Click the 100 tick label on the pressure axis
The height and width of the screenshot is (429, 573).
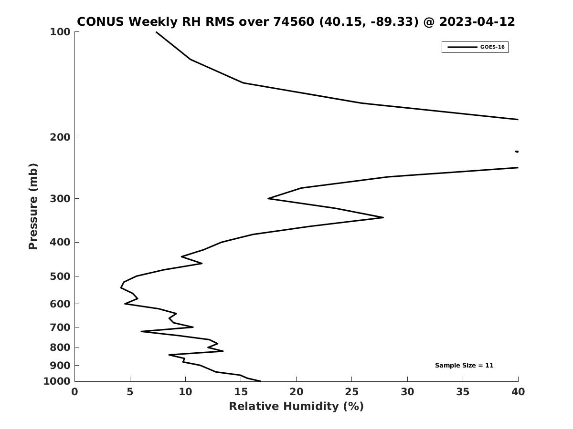pyautogui.click(x=60, y=32)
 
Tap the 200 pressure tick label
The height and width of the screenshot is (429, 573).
pyautogui.click(x=60, y=137)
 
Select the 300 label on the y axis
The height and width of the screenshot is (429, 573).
pyautogui.click(x=60, y=199)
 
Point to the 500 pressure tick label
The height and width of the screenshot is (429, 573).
pyautogui.click(x=60, y=276)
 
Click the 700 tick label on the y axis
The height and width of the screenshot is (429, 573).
pyautogui.click(x=60, y=327)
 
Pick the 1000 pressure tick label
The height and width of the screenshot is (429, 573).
pyautogui.click(x=57, y=381)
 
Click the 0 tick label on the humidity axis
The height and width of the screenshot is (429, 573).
pyautogui.click(x=74, y=392)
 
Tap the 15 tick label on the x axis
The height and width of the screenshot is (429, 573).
pyautogui.click(x=241, y=392)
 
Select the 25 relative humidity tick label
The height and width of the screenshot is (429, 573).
pyautogui.click(x=351, y=392)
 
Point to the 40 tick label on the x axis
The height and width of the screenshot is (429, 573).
pyautogui.click(x=518, y=392)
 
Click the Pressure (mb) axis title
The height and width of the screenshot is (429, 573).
pyautogui.click(x=33, y=206)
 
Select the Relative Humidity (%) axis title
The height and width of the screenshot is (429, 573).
pyautogui.click(x=297, y=407)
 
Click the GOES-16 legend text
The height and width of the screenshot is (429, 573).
pyautogui.click(x=492, y=47)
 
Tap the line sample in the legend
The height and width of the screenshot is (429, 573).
pyautogui.click(x=462, y=47)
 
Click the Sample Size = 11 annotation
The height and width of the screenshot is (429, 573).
pyautogui.click(x=464, y=366)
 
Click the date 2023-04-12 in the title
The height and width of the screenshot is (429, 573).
pyautogui.click(x=477, y=21)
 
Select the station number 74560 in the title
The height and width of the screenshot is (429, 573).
pyautogui.click(x=293, y=21)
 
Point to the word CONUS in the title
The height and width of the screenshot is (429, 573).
pyautogui.click(x=100, y=21)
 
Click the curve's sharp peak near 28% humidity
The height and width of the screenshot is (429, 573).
pyautogui.click(x=383, y=217)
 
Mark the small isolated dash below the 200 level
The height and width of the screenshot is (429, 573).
pyautogui.click(x=517, y=152)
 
